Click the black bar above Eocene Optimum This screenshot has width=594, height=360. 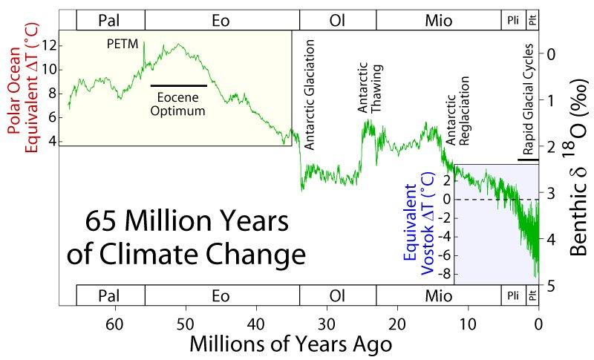[x=179, y=86]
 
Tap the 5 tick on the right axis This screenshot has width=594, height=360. [x=549, y=287]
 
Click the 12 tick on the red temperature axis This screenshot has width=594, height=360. [x=49, y=46]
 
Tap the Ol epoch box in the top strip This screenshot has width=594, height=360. [x=337, y=19]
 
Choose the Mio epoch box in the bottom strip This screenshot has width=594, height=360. [x=438, y=295]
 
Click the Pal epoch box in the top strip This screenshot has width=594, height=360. [x=110, y=19]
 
